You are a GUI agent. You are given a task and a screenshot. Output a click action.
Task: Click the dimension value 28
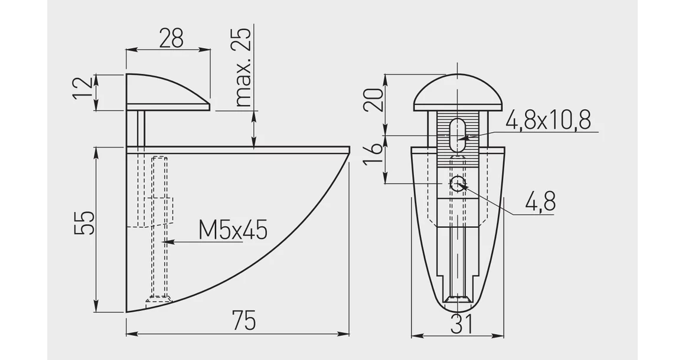171,38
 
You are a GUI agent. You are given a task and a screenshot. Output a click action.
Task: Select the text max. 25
243,68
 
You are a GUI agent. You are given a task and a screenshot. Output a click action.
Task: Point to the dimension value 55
84,223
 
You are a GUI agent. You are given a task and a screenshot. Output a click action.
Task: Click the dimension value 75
244,320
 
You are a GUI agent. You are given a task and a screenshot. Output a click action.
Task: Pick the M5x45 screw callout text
233,230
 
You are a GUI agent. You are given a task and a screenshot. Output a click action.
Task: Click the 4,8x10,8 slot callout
548,120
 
